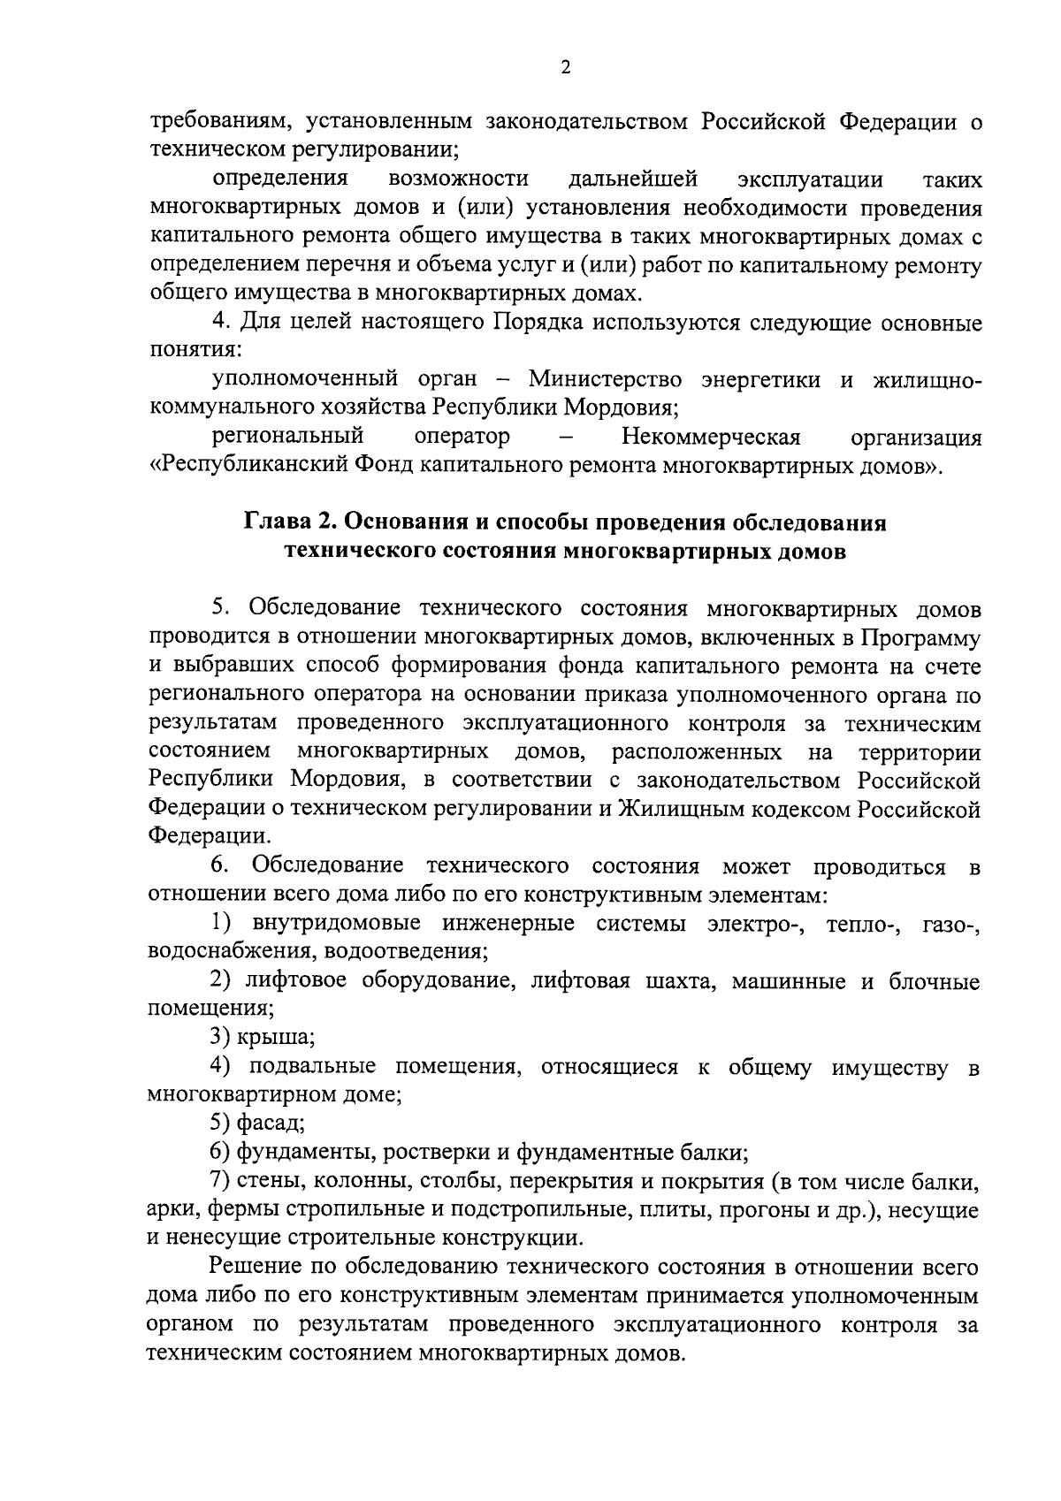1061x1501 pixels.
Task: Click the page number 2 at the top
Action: point(565,68)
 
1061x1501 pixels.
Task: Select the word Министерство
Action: point(606,379)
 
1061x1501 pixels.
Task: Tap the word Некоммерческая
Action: point(711,437)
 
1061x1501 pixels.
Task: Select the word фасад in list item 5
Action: point(270,1123)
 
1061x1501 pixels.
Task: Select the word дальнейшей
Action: point(633,179)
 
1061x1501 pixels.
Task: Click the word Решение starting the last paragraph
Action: point(256,1267)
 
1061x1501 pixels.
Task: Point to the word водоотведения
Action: point(405,952)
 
